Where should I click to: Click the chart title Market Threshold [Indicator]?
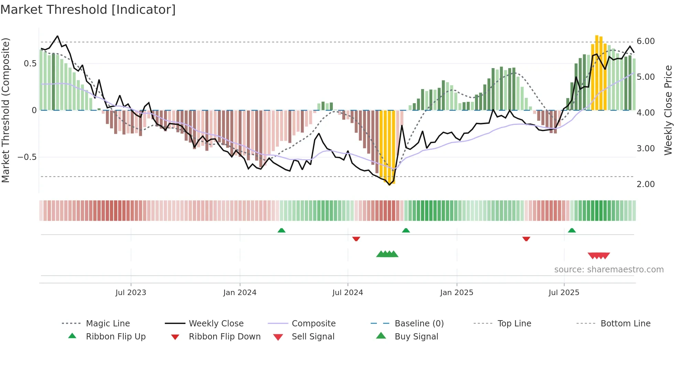pyautogui.click(x=88, y=10)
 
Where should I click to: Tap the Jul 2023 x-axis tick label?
pyautogui.click(x=131, y=293)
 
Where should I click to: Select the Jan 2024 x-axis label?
pyautogui.click(x=240, y=293)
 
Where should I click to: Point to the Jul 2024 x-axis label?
pyautogui.click(x=348, y=293)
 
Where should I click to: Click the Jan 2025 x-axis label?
pyautogui.click(x=457, y=293)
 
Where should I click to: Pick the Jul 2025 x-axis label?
pyautogui.click(x=564, y=293)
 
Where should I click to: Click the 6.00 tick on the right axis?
pyautogui.click(x=645, y=41)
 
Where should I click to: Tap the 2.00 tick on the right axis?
pyautogui.click(x=645, y=184)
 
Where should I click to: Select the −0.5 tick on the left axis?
pyautogui.click(x=27, y=157)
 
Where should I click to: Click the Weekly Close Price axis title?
pyautogui.click(x=668, y=110)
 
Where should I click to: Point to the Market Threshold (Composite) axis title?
pyautogui.click(x=6, y=110)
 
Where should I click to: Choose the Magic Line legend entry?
pyautogui.click(x=108, y=324)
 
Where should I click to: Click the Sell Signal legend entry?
pyautogui.click(x=313, y=337)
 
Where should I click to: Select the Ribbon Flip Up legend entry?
pyautogui.click(x=116, y=337)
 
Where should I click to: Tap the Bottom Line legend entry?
pyautogui.click(x=625, y=324)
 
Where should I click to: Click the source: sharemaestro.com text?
pyautogui.click(x=609, y=270)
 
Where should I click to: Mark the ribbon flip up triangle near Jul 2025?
pyautogui.click(x=572, y=230)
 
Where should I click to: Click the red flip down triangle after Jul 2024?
pyautogui.click(x=356, y=239)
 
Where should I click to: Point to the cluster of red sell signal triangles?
pyautogui.click(x=599, y=256)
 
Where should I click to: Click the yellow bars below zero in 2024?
pyautogui.click(x=387, y=146)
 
